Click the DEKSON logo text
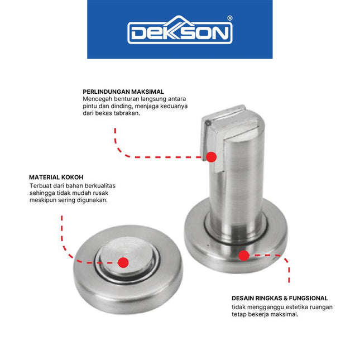[179, 33]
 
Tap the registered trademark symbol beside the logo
[230, 18]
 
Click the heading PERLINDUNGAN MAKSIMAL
[123, 92]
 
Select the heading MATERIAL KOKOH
[56, 177]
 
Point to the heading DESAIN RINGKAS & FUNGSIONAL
[280, 298]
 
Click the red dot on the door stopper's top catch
[212, 156]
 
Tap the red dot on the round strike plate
[123, 261]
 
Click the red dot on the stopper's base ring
[243, 256]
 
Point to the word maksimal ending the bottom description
[284, 314]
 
